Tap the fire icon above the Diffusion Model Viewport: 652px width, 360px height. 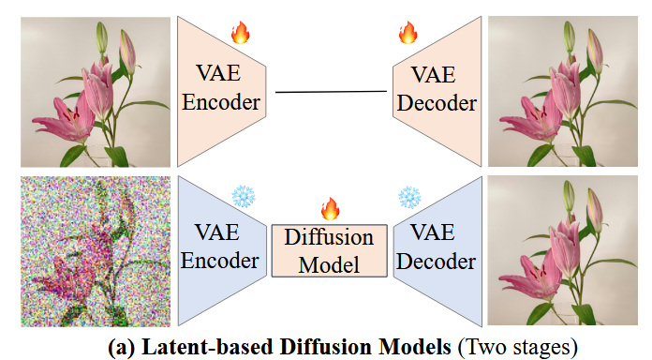[330, 208]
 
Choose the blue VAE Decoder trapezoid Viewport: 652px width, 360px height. [435, 247]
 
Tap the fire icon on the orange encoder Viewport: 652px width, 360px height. [242, 35]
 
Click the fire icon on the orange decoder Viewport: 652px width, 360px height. [407, 35]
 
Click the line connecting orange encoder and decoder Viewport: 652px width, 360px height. [330, 92]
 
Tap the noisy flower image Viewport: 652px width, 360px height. [96, 250]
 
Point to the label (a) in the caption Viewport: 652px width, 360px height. [123, 345]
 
